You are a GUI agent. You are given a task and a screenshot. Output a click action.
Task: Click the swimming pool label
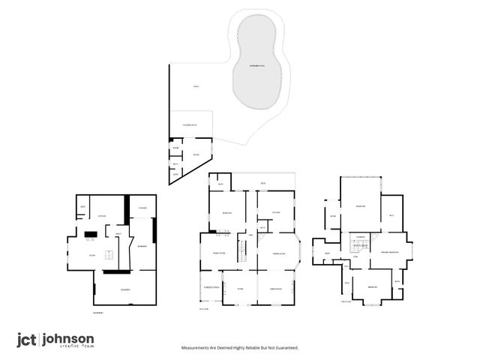point(257,67)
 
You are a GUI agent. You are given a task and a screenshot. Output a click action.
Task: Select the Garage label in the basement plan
point(125,289)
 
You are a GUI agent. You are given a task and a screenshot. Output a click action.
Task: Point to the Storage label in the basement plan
point(142,207)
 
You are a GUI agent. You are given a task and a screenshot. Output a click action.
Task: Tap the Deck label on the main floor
point(263,184)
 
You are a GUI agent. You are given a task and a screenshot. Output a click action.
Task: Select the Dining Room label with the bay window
point(271,254)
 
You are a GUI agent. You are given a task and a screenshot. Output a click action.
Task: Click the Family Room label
point(219,253)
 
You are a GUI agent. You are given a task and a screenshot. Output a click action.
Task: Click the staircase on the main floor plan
point(241,251)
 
